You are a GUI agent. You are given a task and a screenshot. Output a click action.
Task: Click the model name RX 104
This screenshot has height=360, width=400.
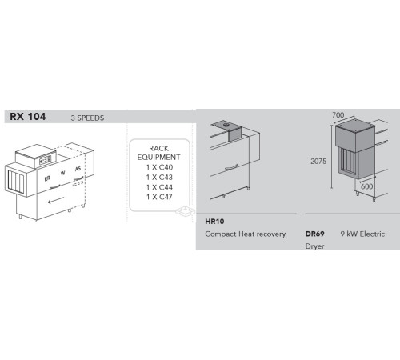tap(28, 117)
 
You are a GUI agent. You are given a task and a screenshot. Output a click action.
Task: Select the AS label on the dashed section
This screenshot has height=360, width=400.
tap(78, 170)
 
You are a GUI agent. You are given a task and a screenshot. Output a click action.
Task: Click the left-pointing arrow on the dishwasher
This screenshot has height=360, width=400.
tap(52, 202)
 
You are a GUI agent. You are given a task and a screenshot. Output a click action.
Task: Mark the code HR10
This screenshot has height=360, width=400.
tap(214, 220)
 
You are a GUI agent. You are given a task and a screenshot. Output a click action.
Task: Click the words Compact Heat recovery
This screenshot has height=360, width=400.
tap(244, 234)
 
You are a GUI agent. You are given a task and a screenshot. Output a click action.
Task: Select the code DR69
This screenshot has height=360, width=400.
tap(314, 234)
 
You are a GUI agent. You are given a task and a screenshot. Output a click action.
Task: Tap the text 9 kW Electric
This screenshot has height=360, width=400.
tap(362, 234)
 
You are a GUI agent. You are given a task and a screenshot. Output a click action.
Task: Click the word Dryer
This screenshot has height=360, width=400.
tap(315, 247)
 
